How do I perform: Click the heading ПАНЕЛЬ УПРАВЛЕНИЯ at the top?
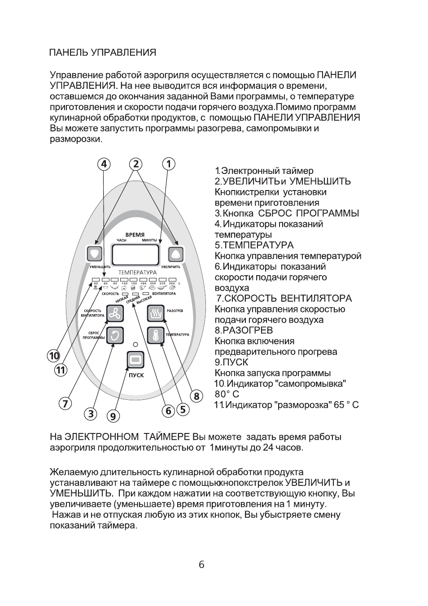coord(102,52)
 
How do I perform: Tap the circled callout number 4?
coord(104,164)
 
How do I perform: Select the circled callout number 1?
coord(168,164)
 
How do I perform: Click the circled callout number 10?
coord(54,356)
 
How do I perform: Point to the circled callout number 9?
coord(113,416)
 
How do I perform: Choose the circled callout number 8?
coord(196,396)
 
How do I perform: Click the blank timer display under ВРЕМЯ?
coord(135,255)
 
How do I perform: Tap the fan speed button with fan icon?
coord(115,313)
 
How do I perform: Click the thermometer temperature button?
coord(156,335)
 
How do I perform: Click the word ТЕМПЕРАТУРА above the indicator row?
coord(137,273)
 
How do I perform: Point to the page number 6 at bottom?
coord(201,565)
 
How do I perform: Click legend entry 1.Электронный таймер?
coord(264,171)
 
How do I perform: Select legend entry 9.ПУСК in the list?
coord(231,362)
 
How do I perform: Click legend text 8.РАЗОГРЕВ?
coord(244,330)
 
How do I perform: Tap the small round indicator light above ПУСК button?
coord(135,344)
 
